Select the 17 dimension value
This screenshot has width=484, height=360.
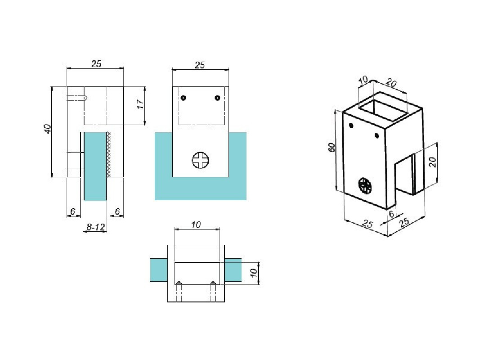pyautogui.click(x=140, y=104)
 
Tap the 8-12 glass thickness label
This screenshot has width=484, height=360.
pyautogui.click(x=96, y=228)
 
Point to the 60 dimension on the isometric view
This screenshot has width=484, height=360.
pyautogui.click(x=332, y=148)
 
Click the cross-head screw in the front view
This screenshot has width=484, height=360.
pyautogui.click(x=201, y=160)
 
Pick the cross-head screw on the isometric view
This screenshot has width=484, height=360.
pyautogui.click(x=365, y=185)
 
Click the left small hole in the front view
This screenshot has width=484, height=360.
pyautogui.click(x=183, y=98)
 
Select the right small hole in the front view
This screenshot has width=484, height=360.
pyautogui.click(x=217, y=98)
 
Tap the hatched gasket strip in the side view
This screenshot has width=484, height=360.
pyautogui.click(x=108, y=154)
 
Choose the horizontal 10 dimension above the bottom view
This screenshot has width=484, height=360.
pyautogui.click(x=196, y=224)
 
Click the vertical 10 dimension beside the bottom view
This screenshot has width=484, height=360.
pyautogui.click(x=253, y=273)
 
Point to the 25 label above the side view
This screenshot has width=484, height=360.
pyautogui.click(x=96, y=63)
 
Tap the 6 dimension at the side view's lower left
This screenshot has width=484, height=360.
pyautogui.click(x=72, y=211)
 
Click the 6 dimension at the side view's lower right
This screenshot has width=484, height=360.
pyautogui.click(x=117, y=211)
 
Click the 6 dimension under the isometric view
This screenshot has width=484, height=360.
pyautogui.click(x=391, y=215)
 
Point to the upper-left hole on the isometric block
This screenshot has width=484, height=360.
pyautogui.click(x=351, y=126)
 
